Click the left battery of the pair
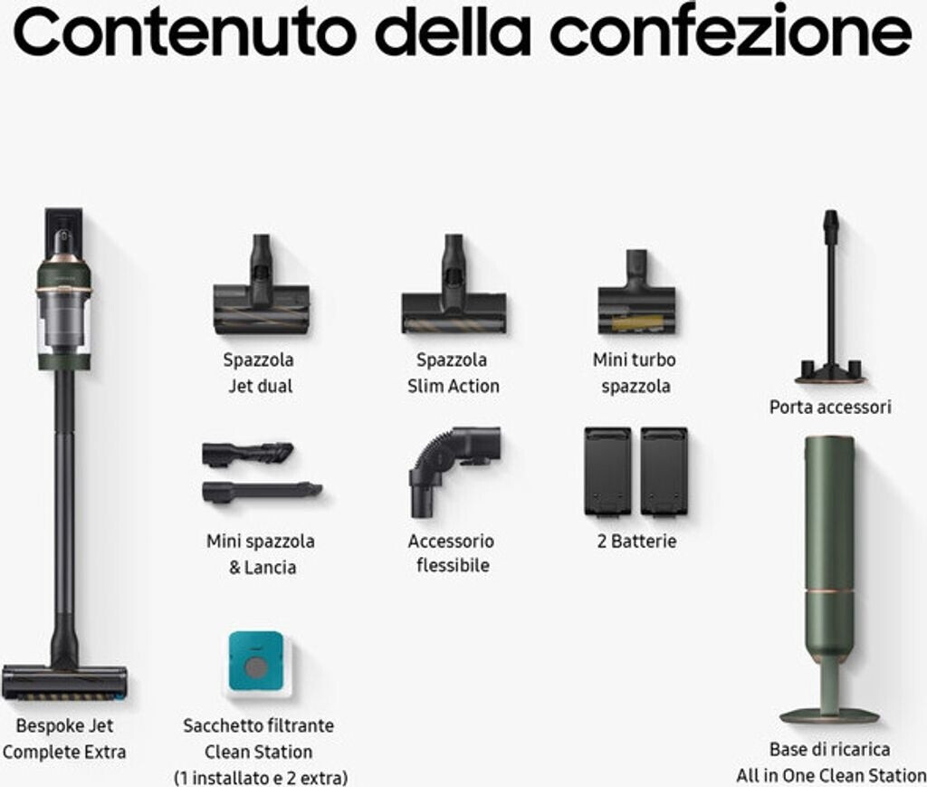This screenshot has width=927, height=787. [607, 471]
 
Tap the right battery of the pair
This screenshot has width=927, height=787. [664, 471]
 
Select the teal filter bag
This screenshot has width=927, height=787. [256, 662]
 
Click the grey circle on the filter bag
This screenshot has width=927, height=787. [256, 668]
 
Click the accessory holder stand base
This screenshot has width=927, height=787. [831, 371]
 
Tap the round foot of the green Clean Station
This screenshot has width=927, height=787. [830, 716]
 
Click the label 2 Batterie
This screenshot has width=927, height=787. [636, 541]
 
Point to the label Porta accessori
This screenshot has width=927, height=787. [830, 407]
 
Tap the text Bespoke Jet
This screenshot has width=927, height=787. [64, 725]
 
